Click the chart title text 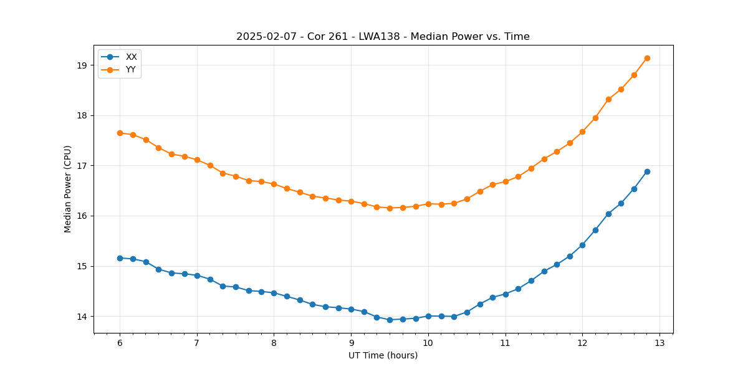pos(383,37)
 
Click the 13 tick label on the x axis pos(659,343)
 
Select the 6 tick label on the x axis pos(120,343)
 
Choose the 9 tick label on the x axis pos(351,343)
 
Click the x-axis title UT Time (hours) pos(383,355)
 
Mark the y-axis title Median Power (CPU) pos(68,189)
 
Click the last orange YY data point pos(647,58)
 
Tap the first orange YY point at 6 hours pos(120,133)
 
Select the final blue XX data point pos(647,171)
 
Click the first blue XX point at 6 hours pos(120,258)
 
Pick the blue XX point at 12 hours pos(582,245)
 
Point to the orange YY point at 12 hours pos(582,132)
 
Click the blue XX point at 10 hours pos(428,316)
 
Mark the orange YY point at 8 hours pos(274,184)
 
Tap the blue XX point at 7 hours pos(197,276)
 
